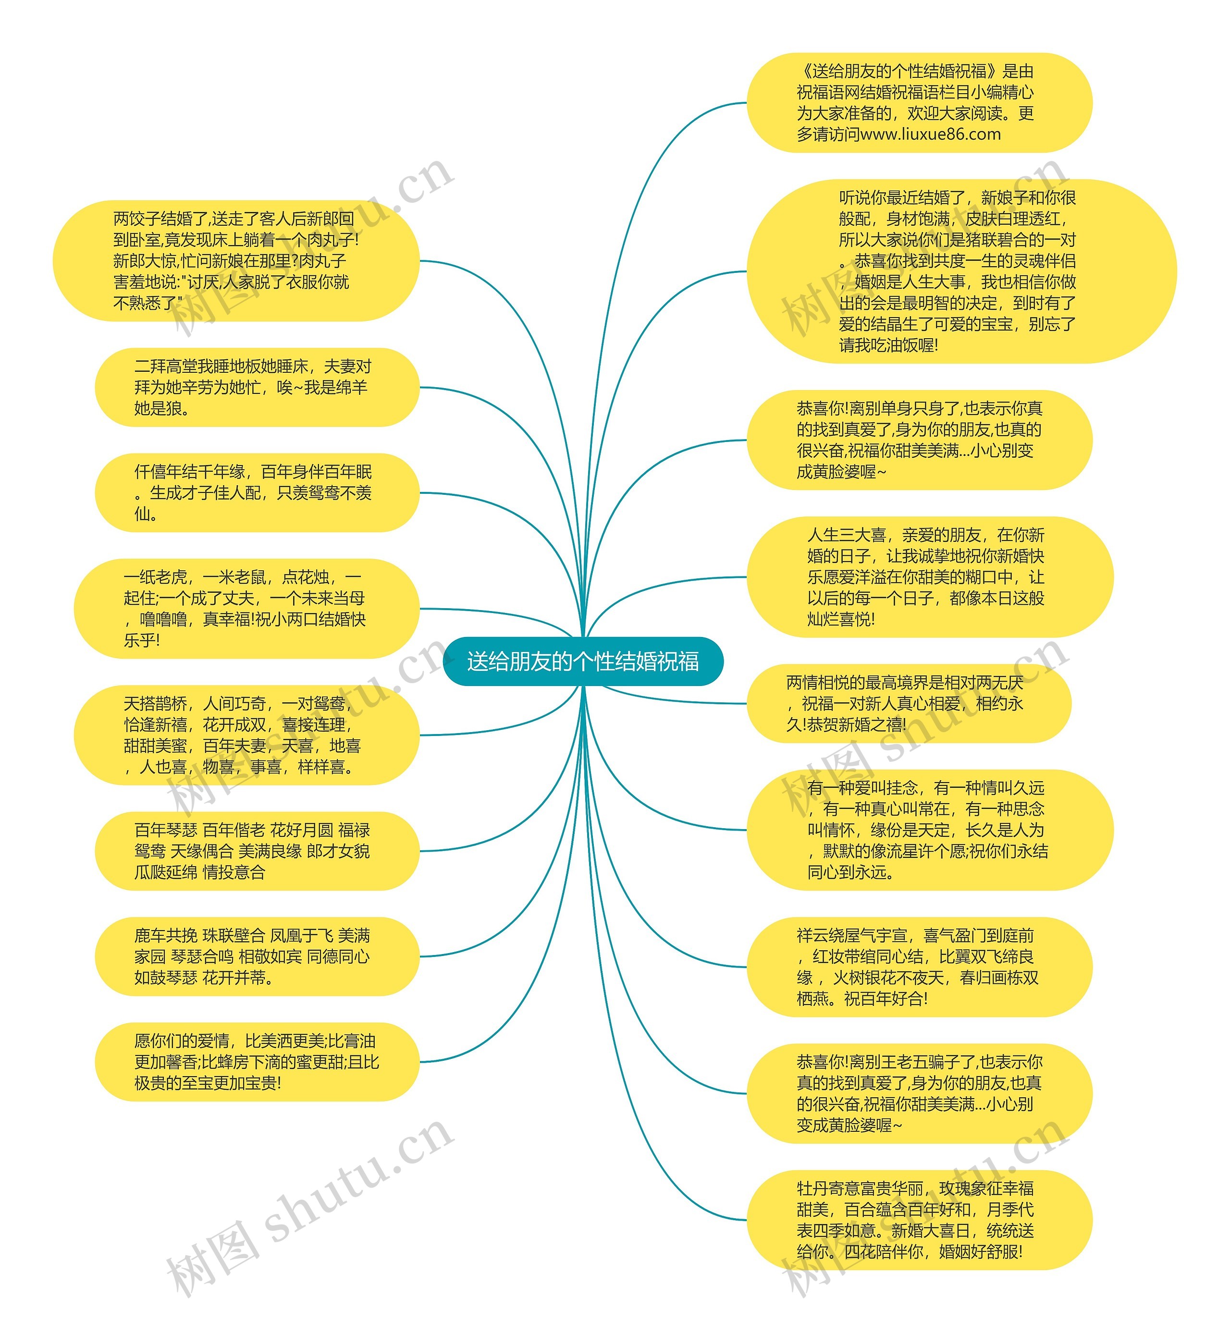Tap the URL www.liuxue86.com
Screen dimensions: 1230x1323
pos(931,135)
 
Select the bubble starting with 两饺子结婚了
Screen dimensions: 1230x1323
pos(236,261)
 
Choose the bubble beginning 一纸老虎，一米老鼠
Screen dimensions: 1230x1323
pos(246,608)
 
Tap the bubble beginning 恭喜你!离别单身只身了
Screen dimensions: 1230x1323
pos(919,440)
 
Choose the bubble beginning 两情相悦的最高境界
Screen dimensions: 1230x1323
pos(909,703)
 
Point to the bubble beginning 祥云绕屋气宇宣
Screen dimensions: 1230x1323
pos(919,967)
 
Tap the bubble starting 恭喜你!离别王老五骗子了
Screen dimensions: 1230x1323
pos(919,1093)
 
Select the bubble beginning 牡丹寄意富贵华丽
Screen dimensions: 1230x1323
pos(919,1220)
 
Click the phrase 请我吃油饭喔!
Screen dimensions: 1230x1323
pos(888,345)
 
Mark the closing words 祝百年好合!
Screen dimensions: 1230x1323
pos(886,999)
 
